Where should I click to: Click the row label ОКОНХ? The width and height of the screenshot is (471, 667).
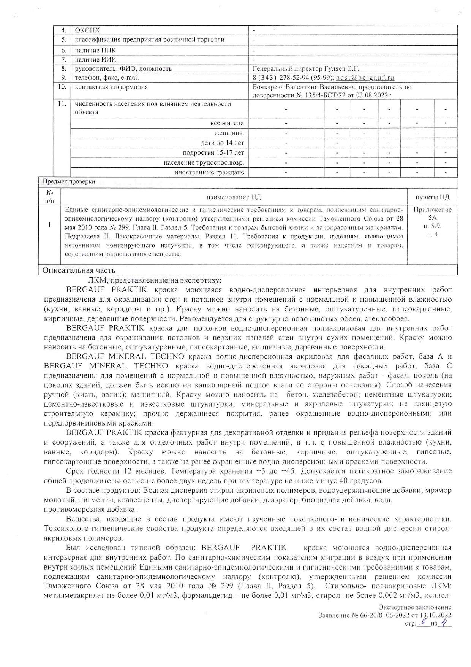[87, 30]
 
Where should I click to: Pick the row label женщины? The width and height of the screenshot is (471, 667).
[229, 133]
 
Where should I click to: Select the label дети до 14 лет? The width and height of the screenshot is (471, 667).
[222, 143]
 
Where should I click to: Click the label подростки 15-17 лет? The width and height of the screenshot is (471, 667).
[213, 153]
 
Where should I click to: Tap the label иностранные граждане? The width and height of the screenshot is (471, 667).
[209, 172]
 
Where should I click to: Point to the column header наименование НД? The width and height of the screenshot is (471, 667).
[234, 197]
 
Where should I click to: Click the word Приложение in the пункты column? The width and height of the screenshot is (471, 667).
[432, 210]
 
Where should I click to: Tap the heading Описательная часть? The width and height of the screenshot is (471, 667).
[79, 270]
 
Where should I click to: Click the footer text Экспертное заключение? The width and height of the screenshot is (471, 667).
[415, 607]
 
